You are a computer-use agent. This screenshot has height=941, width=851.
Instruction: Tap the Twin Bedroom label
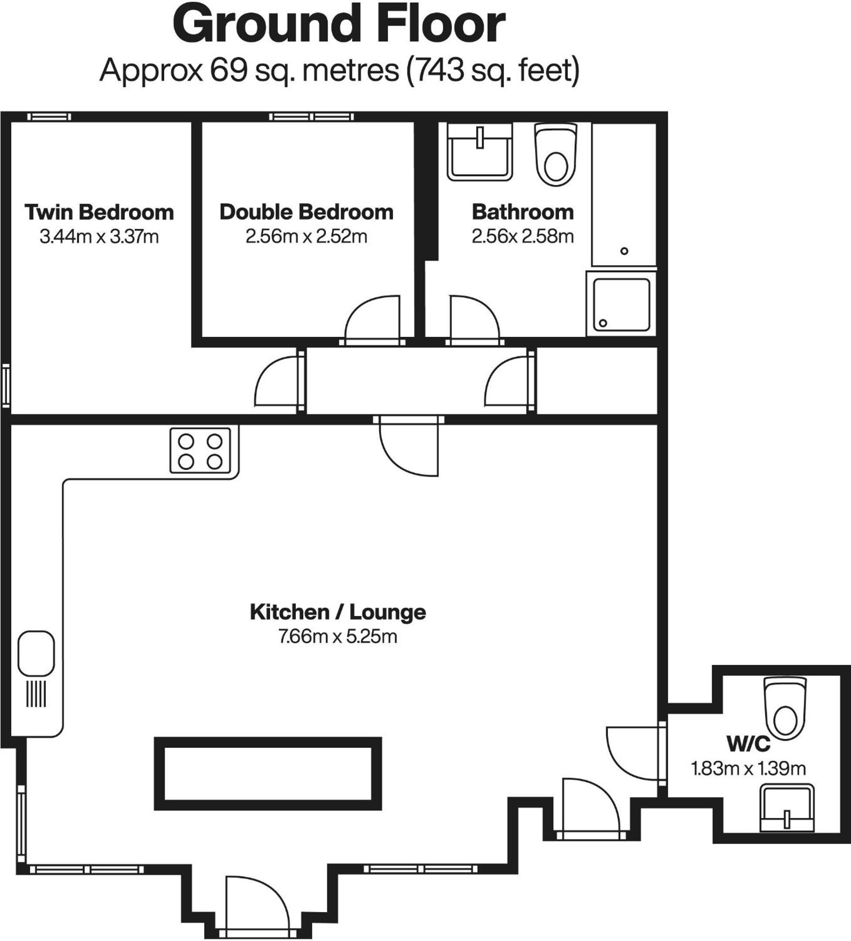(x=99, y=212)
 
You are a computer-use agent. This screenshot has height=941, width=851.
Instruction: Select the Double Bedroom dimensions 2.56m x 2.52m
(x=306, y=236)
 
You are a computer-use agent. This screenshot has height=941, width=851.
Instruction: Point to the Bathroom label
(x=523, y=212)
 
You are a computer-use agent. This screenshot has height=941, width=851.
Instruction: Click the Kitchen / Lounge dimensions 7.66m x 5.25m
(x=338, y=636)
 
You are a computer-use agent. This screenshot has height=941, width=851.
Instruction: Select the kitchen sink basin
(x=36, y=654)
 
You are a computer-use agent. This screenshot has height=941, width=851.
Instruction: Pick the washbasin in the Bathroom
(x=479, y=152)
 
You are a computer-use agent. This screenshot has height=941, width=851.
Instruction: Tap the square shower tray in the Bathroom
(x=621, y=305)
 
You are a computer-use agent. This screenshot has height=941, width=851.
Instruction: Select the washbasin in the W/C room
(x=787, y=808)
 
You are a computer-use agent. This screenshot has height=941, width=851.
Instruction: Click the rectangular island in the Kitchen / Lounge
(x=268, y=773)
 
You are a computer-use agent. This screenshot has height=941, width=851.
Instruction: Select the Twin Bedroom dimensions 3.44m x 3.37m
(x=99, y=236)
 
